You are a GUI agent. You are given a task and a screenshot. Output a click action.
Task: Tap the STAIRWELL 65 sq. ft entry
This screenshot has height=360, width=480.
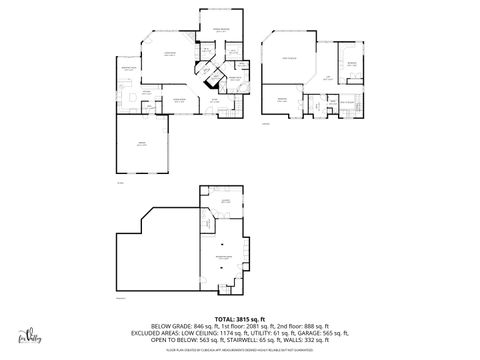[x=247, y=340]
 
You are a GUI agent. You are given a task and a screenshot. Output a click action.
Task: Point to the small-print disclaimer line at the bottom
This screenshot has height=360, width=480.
[x=239, y=347]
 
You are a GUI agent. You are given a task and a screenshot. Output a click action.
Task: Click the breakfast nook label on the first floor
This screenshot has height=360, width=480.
[x=129, y=67]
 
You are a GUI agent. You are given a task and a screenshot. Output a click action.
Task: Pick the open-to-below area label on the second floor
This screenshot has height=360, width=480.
[x=289, y=59]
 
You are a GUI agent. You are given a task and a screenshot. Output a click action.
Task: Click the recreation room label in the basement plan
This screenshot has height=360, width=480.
[x=225, y=257]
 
